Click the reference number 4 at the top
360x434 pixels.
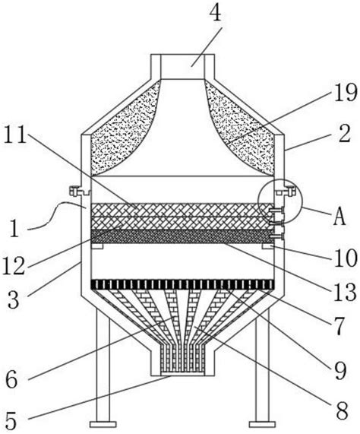coord(216,12)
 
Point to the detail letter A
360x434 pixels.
coord(339,217)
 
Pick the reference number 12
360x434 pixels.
coord(14,265)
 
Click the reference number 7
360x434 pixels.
coord(337,326)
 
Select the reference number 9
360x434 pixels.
coord(339,371)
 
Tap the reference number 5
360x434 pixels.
coord(11,420)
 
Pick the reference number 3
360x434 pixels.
coord(13,299)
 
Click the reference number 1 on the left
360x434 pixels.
coord(14,228)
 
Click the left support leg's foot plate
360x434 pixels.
coord(103,424)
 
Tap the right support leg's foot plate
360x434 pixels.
coord(262,424)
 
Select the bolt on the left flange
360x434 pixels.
coord(73,191)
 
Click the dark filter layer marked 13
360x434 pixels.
coord(181,236)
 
